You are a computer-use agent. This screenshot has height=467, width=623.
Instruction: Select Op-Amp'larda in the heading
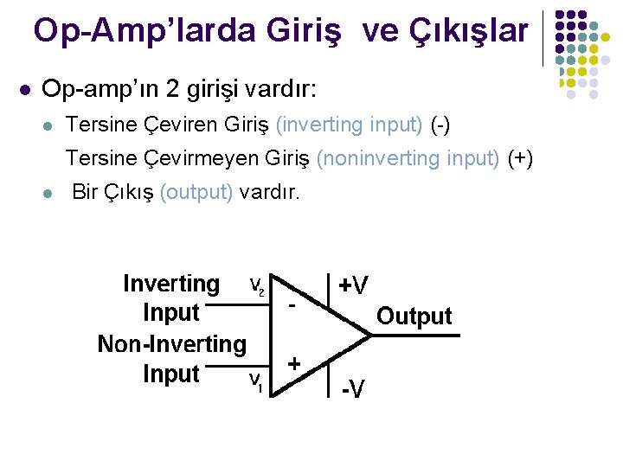click(x=143, y=32)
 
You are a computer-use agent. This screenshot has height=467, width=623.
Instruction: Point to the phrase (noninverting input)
click(x=408, y=158)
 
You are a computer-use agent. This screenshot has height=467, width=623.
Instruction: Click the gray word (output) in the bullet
click(x=196, y=192)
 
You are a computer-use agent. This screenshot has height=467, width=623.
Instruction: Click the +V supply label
click(x=353, y=285)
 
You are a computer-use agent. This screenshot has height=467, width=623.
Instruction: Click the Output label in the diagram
click(x=414, y=317)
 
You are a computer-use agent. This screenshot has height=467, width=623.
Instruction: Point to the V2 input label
click(x=258, y=285)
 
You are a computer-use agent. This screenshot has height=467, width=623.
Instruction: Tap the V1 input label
click(x=257, y=381)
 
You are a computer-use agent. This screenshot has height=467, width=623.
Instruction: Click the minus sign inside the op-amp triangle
click(x=292, y=307)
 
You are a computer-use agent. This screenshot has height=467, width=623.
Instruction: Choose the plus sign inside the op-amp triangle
click(x=294, y=364)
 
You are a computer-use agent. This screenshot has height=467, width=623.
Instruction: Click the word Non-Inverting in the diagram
click(x=172, y=344)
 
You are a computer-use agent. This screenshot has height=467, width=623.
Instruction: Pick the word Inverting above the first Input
click(x=171, y=284)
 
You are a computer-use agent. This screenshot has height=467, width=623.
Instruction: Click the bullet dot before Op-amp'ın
click(x=24, y=89)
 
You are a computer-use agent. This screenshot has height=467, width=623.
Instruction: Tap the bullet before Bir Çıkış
click(x=48, y=193)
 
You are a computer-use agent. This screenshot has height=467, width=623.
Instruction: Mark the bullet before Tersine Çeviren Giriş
click(x=48, y=125)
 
